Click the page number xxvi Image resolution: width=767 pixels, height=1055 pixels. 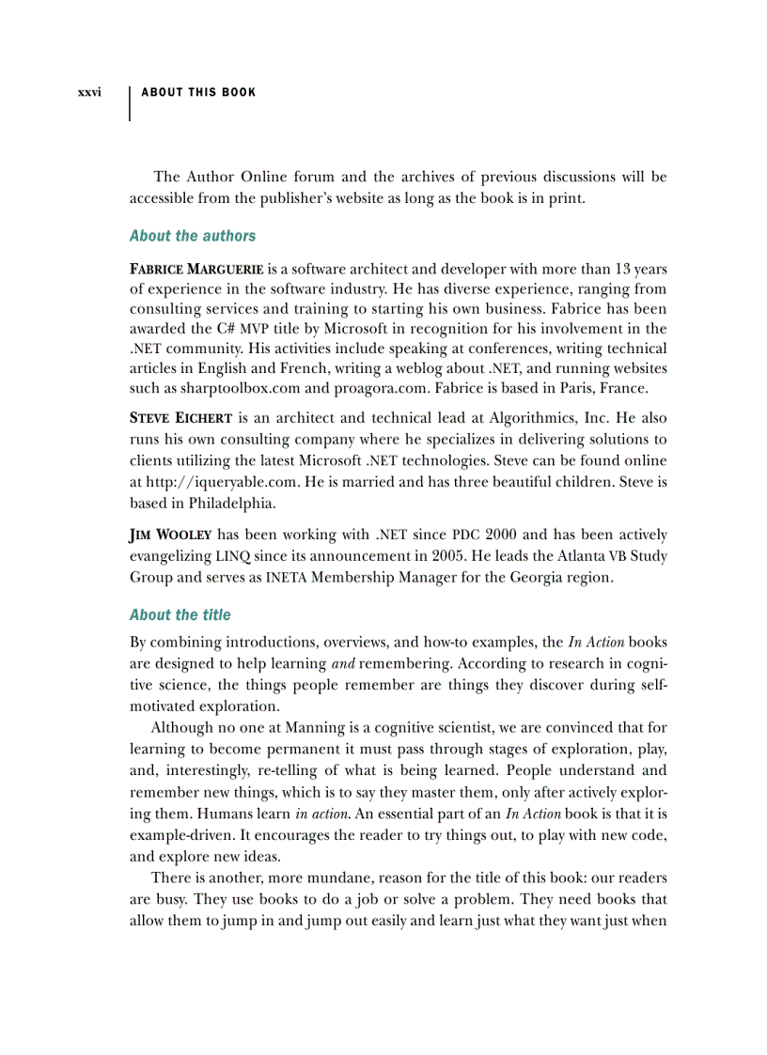point(89,92)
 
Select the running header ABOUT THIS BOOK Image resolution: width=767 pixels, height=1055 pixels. point(197,92)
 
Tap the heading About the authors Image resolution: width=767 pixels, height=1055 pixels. point(192,236)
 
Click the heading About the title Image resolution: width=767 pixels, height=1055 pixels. point(180,615)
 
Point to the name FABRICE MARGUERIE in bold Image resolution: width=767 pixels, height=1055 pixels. point(196,270)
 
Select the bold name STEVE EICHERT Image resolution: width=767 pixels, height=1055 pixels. point(180,418)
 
